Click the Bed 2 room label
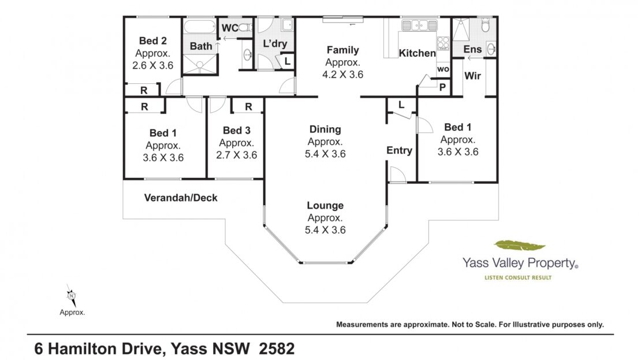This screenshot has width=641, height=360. pos(153,41)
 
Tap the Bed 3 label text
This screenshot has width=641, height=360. pos(237,131)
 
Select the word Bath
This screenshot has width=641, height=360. pos(201,46)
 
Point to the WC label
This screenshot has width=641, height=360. pos(230,28)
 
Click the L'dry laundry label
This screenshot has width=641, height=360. pos(275,44)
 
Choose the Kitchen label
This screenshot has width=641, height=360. pos(417,53)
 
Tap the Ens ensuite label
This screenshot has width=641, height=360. pos(472,50)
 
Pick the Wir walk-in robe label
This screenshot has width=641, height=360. pos(472,76)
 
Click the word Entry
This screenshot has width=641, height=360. pos(400,151)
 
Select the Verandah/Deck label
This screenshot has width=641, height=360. pos(181,198)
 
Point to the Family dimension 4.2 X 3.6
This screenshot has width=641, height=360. pos(342,75)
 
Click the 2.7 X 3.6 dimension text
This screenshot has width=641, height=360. pos(237,155)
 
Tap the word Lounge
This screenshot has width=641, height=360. pos(325,205)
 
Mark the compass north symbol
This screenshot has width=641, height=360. pos(72,295)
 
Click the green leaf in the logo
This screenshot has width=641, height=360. pos(520,246)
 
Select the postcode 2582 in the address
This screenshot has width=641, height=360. pos(277,348)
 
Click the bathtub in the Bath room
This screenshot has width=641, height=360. pos(199,27)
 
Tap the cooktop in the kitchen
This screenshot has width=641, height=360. pos(443,43)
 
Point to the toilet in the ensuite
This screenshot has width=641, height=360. pos(485,25)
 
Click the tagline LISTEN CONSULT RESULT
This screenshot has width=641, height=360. pos(518,278)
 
